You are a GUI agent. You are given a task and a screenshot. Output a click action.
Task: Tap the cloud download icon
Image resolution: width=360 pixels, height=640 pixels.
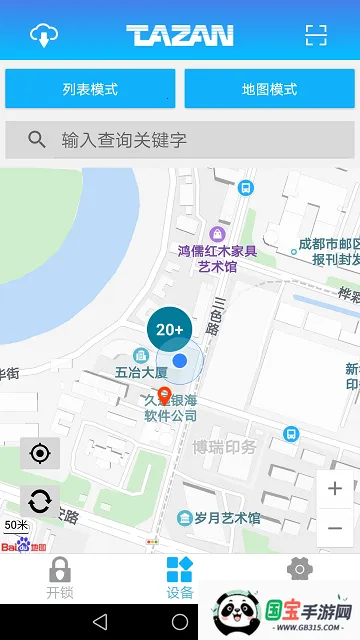pyautogui.click(x=44, y=35)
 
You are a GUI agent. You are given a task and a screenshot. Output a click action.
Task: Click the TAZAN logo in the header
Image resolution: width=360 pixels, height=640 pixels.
pyautogui.click(x=180, y=36)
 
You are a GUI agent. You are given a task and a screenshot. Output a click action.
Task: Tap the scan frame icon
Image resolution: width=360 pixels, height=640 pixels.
pyautogui.click(x=316, y=36)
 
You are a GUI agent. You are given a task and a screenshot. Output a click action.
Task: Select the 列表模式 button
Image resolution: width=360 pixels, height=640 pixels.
pyautogui.click(x=90, y=89)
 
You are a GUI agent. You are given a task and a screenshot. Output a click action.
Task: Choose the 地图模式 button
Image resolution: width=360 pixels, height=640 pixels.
pyautogui.click(x=269, y=89)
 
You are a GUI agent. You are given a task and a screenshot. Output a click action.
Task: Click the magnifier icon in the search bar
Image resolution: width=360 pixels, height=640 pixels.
pyautogui.click(x=37, y=140)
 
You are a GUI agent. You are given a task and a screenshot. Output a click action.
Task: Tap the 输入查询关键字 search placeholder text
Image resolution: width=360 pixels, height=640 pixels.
pyautogui.click(x=124, y=140)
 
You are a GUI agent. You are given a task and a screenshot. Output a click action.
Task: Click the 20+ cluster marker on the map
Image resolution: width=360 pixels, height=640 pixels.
pyautogui.click(x=169, y=328)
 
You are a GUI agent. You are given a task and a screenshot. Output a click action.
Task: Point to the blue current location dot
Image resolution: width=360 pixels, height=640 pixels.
pyautogui.click(x=180, y=360)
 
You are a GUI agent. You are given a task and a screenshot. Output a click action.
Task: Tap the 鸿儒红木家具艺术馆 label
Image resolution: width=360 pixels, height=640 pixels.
pyautogui.click(x=217, y=259)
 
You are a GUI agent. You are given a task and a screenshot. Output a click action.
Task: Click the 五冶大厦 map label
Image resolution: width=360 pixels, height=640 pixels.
pyautogui.click(x=141, y=372)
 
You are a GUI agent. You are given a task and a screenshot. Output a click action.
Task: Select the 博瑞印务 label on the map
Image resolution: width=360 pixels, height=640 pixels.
pyautogui.click(x=225, y=446)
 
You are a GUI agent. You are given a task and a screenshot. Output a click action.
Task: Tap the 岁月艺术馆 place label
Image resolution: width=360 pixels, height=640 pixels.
pyautogui.click(x=227, y=517)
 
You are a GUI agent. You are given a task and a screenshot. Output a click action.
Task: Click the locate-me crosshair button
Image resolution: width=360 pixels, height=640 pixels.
pyautogui.click(x=40, y=454)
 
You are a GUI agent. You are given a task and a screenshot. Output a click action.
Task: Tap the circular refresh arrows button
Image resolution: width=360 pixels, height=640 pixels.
pyautogui.click(x=40, y=501)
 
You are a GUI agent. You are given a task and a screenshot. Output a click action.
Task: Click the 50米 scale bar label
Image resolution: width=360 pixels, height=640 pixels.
pyautogui.click(x=16, y=525)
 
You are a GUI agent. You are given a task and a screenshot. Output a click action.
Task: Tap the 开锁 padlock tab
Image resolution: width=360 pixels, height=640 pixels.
pyautogui.click(x=60, y=578)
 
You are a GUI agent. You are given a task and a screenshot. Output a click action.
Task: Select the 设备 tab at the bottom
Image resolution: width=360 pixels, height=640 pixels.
pyautogui.click(x=180, y=578)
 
